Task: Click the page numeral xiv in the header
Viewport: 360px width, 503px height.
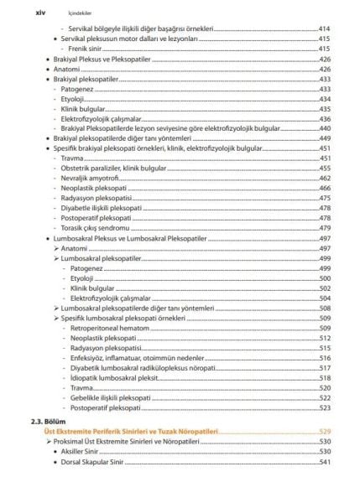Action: coord(34,13)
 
